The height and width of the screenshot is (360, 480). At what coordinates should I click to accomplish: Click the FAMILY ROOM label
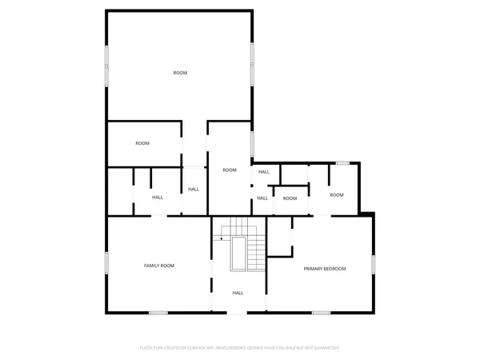(x=158, y=266)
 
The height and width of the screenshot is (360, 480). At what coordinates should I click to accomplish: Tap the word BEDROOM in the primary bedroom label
(x=335, y=269)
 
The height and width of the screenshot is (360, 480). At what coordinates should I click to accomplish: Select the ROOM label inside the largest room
(x=180, y=73)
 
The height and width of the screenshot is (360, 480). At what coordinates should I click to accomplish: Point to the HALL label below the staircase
(x=238, y=293)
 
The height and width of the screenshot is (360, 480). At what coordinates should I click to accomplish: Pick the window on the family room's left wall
(x=106, y=265)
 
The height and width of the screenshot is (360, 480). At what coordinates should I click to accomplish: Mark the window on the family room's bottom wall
(x=158, y=312)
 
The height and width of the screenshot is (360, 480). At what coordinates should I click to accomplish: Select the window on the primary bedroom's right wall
(x=373, y=265)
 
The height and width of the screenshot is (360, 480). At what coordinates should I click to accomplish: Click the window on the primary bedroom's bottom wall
(x=322, y=312)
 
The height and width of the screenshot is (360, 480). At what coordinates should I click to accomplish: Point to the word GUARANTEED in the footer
(x=329, y=348)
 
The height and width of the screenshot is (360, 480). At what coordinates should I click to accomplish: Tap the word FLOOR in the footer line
(x=146, y=348)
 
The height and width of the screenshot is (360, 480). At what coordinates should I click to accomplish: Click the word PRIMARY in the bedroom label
(x=313, y=269)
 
